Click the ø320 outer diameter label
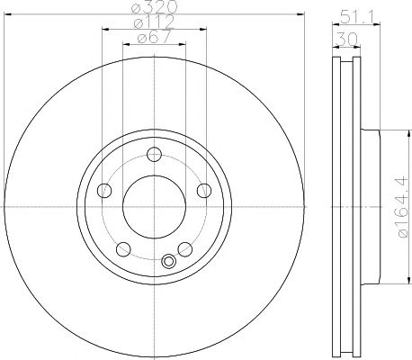[x=155, y=6]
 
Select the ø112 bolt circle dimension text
[x=154, y=22]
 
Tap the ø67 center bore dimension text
[x=154, y=37]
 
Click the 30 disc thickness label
[x=346, y=39]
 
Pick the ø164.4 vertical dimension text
[x=403, y=207]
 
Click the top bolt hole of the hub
[x=155, y=155]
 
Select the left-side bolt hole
[x=104, y=190]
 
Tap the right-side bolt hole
[x=204, y=190]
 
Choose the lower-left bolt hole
[x=123, y=249]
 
